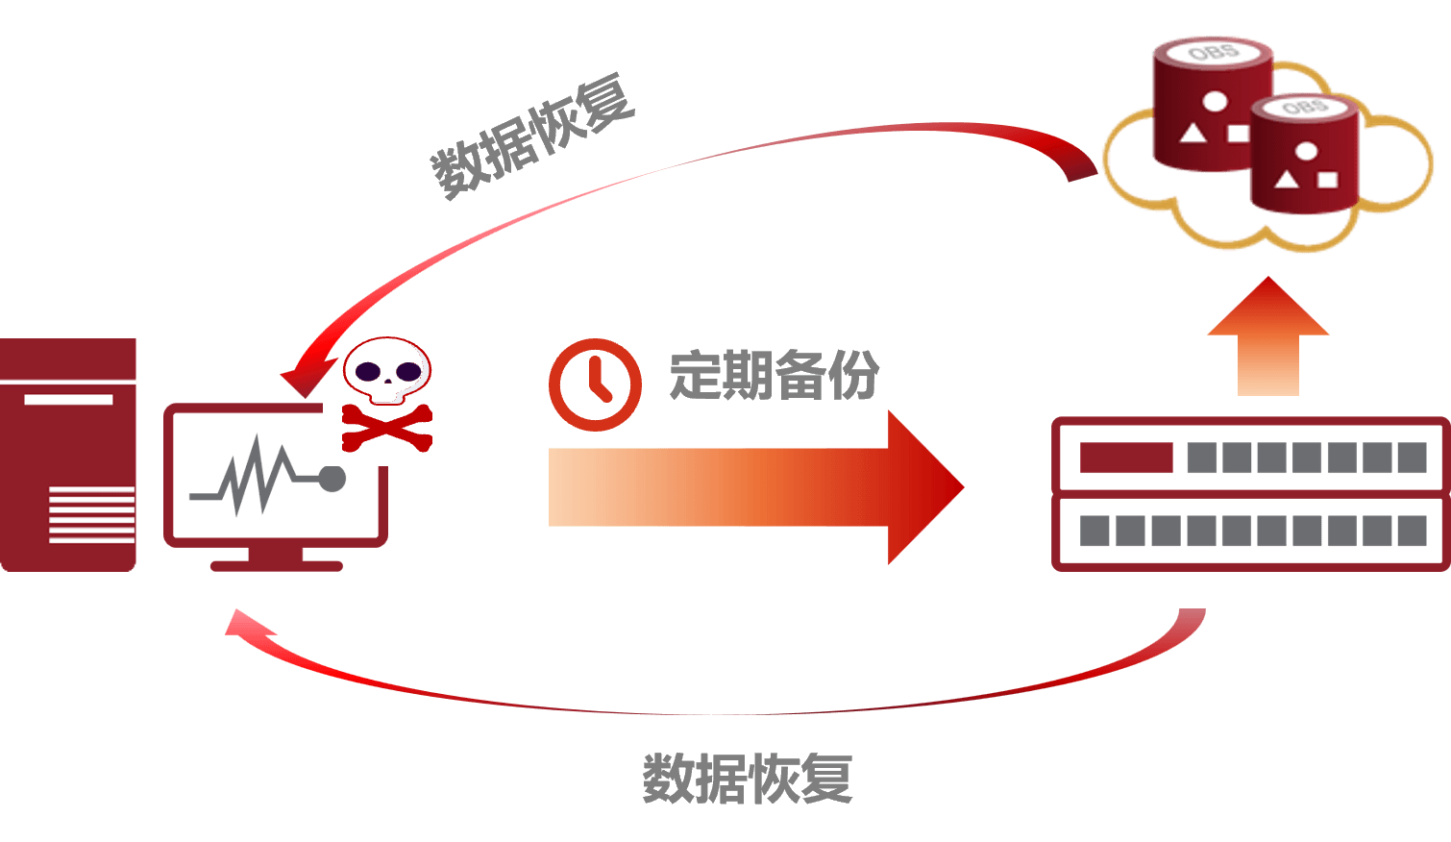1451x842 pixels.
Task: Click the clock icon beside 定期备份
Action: click(595, 384)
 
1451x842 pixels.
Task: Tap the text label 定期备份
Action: click(774, 375)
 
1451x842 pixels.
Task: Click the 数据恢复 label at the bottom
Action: click(747, 778)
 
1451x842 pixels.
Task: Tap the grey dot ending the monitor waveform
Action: click(332, 479)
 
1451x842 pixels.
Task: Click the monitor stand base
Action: click(277, 565)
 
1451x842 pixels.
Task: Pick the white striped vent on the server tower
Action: click(91, 514)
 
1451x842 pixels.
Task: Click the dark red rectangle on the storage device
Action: click(1126, 458)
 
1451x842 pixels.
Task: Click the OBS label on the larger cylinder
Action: click(1213, 51)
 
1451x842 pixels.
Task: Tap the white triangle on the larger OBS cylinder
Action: click(1193, 133)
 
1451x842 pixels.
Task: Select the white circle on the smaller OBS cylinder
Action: click(1306, 151)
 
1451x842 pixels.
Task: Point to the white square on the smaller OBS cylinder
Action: click(1327, 179)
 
